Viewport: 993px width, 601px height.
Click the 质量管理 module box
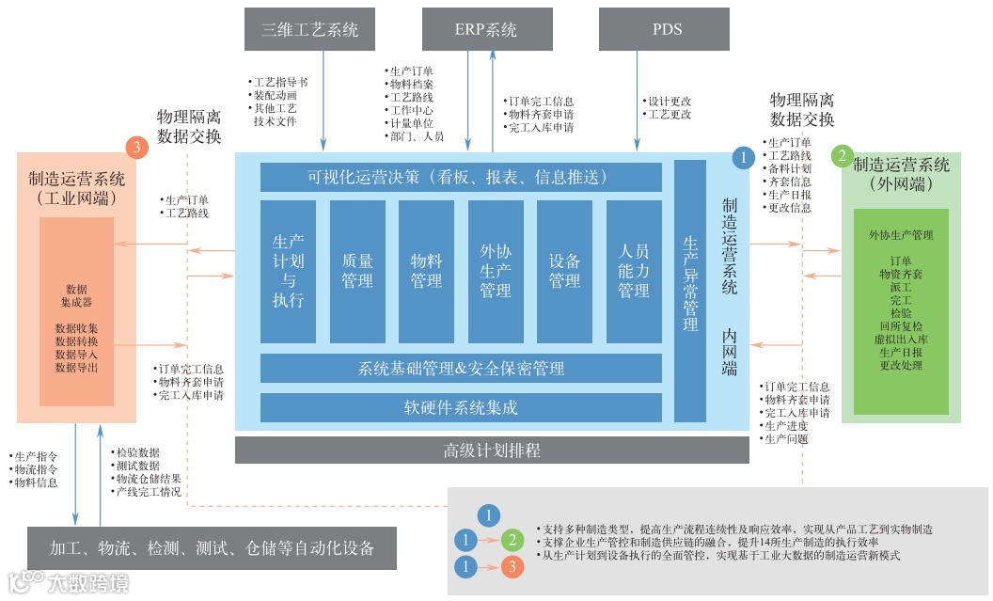pos(357,271)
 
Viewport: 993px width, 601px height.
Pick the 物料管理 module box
pos(426,271)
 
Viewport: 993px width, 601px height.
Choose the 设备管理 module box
pos(564,271)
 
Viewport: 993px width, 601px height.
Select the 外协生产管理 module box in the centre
pos(496,271)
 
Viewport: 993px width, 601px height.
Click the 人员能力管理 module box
pos(634,271)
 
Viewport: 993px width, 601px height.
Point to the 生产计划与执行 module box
pos(288,271)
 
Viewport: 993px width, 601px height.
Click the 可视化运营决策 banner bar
pos(461,177)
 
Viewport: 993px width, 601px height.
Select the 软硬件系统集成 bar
pos(461,407)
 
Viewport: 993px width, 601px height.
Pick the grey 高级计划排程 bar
pos(492,450)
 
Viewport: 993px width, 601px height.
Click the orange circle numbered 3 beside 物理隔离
pos(137,148)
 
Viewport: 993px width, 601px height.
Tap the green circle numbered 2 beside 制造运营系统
pos(843,156)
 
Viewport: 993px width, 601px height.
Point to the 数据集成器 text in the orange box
pos(77,295)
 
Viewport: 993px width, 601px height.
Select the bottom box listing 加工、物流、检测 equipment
pos(212,548)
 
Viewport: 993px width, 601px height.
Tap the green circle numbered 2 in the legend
pos(512,540)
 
